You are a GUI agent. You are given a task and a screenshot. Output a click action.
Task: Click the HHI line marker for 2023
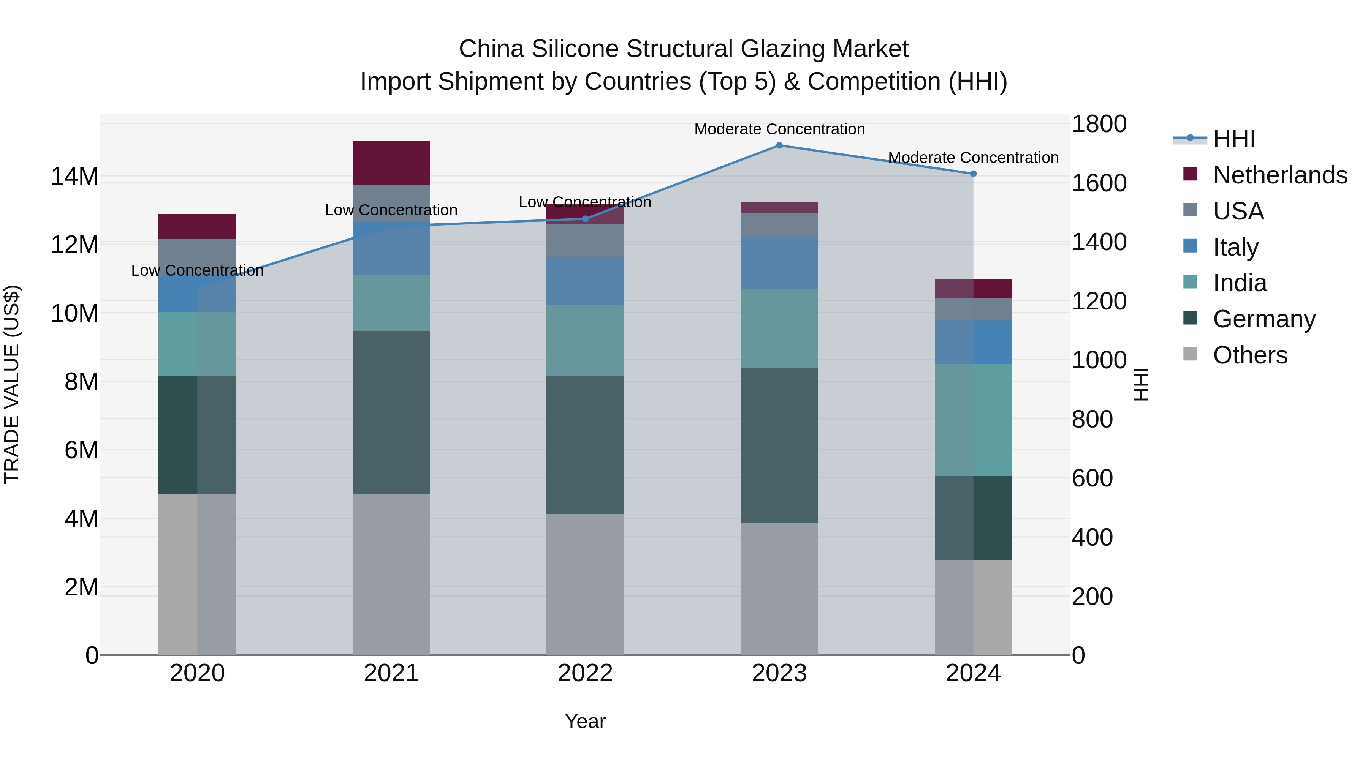click(x=779, y=145)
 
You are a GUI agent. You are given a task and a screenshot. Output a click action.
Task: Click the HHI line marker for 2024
click(x=973, y=174)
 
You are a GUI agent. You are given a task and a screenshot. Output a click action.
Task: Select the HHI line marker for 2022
click(x=585, y=219)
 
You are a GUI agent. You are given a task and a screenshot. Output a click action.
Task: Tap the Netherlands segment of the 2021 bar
click(x=391, y=163)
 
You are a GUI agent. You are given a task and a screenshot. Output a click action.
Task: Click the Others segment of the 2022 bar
click(x=585, y=584)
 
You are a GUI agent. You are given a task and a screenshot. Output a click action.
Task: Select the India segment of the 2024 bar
click(x=973, y=420)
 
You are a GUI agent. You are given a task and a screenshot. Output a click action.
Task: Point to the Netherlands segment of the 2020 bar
click(x=197, y=226)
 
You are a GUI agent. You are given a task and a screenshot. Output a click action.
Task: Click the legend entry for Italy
click(x=1235, y=247)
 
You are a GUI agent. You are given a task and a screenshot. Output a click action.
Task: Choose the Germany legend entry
click(x=1264, y=319)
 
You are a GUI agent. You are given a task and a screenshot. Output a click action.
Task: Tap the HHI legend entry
click(x=1233, y=139)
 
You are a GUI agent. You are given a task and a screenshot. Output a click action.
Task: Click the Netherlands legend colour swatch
click(x=1190, y=174)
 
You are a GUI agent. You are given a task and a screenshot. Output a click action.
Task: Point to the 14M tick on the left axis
click(x=74, y=177)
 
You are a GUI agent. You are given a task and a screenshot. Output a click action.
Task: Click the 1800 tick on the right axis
click(x=1099, y=124)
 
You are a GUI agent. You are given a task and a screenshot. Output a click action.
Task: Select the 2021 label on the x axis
click(x=391, y=673)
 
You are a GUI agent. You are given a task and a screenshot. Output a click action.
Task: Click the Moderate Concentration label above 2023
click(x=779, y=129)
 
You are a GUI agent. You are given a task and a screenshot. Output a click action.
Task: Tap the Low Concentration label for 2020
click(x=197, y=271)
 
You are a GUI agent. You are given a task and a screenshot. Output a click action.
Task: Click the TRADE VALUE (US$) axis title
click(x=12, y=384)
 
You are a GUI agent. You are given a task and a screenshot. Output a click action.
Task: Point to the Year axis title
click(x=585, y=721)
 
